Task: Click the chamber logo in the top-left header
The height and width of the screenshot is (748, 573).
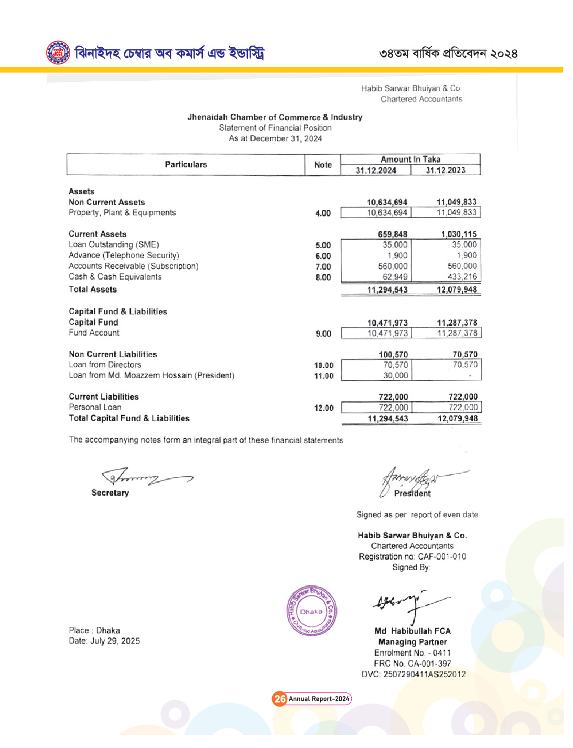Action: click(58, 53)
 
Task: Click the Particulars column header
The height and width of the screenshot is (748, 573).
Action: click(186, 165)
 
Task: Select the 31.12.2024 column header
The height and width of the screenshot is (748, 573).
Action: click(376, 170)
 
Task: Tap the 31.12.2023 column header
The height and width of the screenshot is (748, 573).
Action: click(446, 170)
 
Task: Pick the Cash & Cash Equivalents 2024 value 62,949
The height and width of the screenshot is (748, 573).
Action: click(395, 277)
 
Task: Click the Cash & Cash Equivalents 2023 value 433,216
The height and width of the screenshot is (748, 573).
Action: click(462, 277)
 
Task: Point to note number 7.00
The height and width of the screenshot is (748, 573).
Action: click(323, 266)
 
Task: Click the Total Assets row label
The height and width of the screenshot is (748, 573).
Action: click(93, 290)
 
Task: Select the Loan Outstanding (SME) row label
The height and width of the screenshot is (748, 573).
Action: click(114, 244)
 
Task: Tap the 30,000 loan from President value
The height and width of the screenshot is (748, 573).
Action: click(395, 376)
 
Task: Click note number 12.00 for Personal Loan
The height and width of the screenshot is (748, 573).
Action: click(323, 408)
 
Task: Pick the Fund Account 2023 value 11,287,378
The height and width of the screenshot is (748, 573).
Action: click(457, 333)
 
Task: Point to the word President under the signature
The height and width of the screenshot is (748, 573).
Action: click(413, 494)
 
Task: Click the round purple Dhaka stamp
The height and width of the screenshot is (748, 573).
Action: click(311, 611)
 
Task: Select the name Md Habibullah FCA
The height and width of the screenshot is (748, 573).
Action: click(412, 631)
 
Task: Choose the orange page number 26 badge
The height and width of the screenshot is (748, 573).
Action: click(280, 699)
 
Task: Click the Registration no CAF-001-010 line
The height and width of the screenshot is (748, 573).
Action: click(412, 557)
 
